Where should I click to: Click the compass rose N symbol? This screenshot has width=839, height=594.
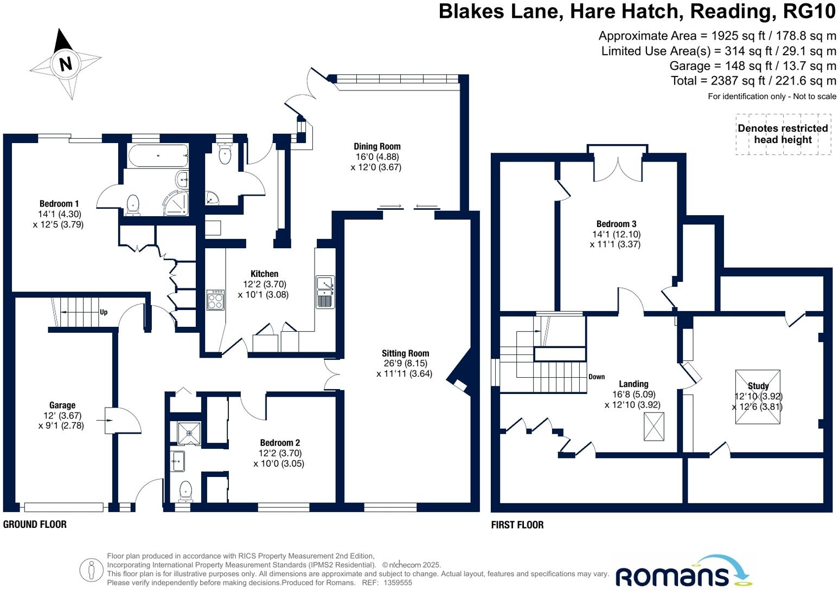(66, 63)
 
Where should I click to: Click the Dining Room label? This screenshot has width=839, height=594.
(377, 146)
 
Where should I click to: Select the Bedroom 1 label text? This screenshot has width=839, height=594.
(59, 204)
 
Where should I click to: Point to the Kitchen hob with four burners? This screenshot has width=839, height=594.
(215, 300)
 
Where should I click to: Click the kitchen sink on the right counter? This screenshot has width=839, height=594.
(325, 292)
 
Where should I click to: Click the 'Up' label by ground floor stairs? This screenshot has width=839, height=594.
(104, 312)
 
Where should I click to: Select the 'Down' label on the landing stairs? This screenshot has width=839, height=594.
(597, 377)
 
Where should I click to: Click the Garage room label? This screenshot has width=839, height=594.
(62, 405)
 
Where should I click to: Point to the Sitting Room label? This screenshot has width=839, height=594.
(405, 353)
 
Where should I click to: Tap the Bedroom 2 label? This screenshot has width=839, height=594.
(280, 443)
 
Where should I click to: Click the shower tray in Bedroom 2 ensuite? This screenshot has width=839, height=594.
(189, 433)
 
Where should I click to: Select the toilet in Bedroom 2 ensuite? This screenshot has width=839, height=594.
(186, 490)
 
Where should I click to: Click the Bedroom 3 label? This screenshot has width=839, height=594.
(616, 224)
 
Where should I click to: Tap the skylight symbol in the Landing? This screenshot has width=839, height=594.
(654, 427)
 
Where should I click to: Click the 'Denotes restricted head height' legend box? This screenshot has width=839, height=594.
(783, 134)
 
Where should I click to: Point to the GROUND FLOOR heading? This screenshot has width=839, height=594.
(35, 525)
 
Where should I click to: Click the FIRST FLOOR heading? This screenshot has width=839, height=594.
(517, 525)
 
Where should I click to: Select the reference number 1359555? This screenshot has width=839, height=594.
(398, 583)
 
